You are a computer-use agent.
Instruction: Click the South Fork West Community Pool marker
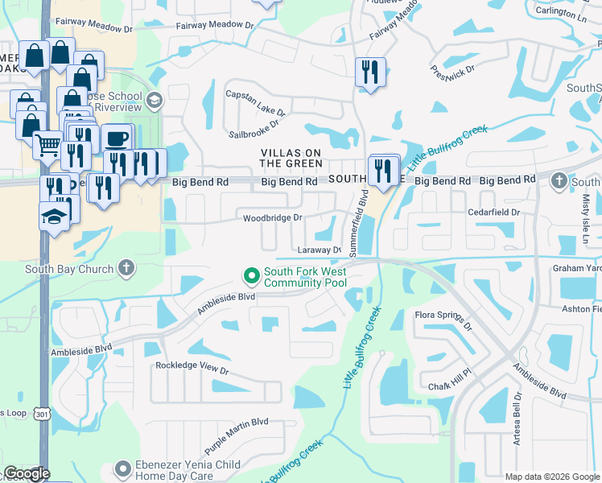pos(251,276)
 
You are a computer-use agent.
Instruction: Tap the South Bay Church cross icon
pos(126,269)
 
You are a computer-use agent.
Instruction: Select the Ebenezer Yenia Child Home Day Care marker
pos(122,468)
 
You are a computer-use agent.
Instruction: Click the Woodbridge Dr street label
pos(273,217)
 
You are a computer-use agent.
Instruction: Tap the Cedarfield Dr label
pos(493,213)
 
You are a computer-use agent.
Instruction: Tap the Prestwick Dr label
pos(452,78)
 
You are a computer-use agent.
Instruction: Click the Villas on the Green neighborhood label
pos(291,158)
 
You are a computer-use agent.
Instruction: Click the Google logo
pos(27,473)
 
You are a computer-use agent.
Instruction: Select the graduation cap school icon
pos(54,217)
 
